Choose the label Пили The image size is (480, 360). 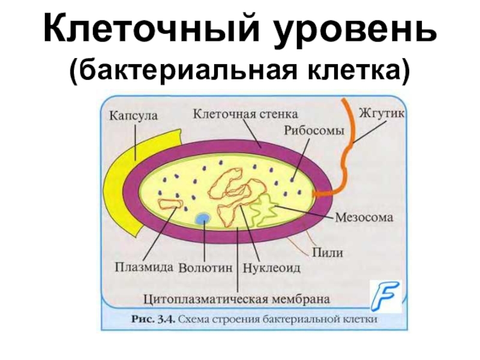(328, 253)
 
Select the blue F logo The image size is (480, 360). (385, 297)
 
